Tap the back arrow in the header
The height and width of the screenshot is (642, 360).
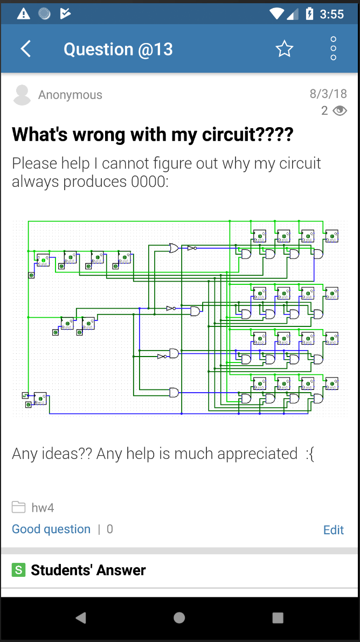click(26, 49)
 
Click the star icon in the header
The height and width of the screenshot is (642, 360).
click(284, 49)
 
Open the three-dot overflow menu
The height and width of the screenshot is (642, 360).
click(333, 49)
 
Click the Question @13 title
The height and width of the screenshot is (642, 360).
click(118, 49)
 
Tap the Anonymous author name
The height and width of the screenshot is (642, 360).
click(70, 95)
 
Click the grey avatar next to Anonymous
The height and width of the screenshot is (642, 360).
click(22, 95)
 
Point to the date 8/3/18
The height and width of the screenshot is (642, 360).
click(328, 93)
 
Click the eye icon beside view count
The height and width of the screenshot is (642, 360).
click(340, 111)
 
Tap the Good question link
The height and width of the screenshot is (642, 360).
click(51, 529)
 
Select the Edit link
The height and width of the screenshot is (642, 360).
click(334, 530)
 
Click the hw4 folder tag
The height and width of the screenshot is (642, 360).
click(42, 507)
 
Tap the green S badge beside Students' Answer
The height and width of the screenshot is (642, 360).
click(19, 570)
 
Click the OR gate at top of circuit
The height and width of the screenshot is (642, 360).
click(174, 248)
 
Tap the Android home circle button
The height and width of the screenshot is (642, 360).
click(179, 618)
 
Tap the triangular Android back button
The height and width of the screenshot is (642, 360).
click(81, 618)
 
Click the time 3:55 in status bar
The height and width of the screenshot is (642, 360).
click(331, 14)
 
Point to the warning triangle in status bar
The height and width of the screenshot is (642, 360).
click(24, 14)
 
